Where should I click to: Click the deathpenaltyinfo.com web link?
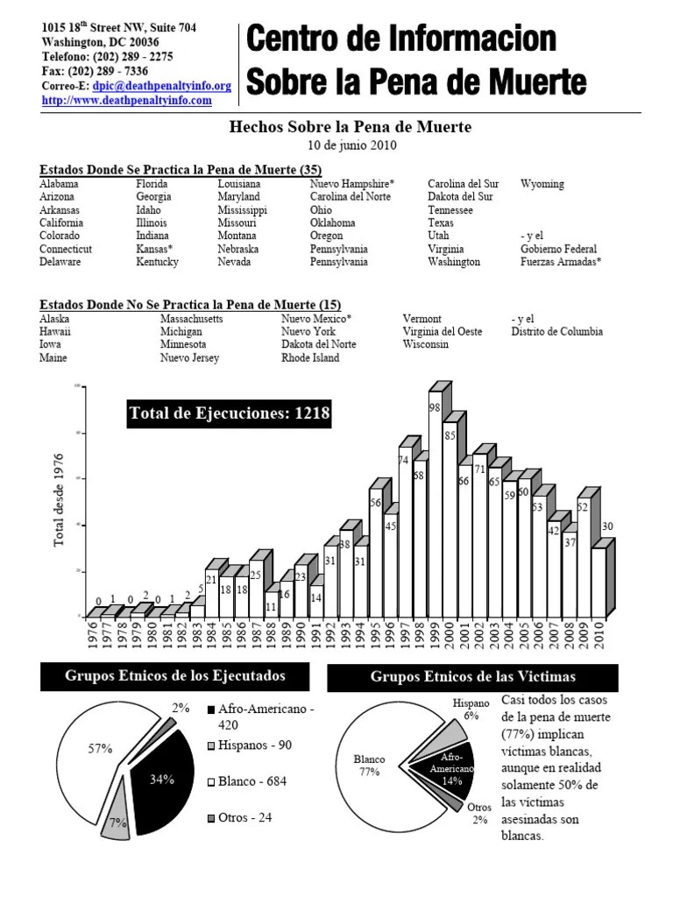point(127,101)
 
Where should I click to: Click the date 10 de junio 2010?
point(351,145)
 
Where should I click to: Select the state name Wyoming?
point(542,184)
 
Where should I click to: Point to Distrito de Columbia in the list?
point(556,332)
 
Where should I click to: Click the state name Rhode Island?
point(310,357)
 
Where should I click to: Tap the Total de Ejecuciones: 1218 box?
point(229,414)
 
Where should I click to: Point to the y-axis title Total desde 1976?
point(60,500)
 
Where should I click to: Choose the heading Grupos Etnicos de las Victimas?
point(472,677)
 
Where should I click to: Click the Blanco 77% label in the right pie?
point(369,766)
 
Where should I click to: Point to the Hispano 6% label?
point(471,709)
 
